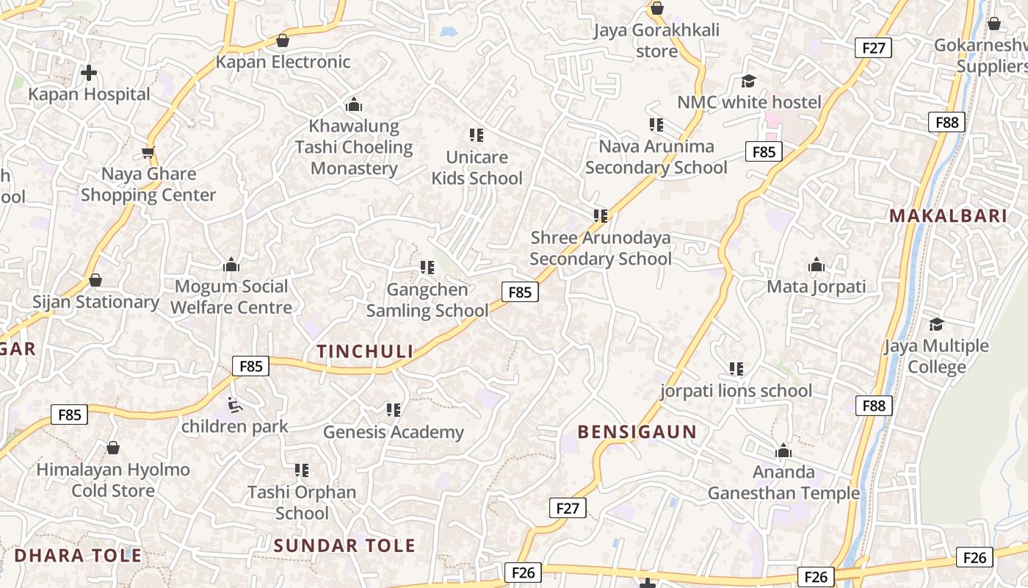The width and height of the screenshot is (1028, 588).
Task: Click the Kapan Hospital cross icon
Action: coord(89,73)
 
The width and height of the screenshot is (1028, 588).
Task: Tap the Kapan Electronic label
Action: coord(283,62)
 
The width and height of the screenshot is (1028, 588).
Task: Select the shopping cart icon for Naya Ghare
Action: coord(148,153)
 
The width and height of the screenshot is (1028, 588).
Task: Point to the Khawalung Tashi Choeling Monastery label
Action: coord(354,147)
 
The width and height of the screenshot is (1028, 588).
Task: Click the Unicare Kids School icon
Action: coord(477,135)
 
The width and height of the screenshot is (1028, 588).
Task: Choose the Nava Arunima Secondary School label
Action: coord(656,157)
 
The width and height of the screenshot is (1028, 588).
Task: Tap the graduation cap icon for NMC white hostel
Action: coord(748,81)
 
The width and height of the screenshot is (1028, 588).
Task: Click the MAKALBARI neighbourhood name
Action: coord(947,216)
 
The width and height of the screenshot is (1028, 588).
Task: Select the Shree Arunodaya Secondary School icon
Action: coord(601,216)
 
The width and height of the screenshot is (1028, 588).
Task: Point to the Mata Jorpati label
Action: coord(817,287)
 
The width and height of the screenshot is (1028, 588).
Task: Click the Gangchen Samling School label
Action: coord(427,300)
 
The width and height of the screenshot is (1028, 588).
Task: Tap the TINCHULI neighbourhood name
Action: coord(365,351)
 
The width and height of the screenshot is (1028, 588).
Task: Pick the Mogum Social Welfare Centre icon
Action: coord(231,265)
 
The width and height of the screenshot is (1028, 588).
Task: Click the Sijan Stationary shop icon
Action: coord(95,281)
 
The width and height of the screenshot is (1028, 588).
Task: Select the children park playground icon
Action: coord(234,405)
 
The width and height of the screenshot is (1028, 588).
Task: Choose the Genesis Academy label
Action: coord(394,432)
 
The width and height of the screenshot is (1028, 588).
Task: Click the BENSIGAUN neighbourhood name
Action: coord(637,432)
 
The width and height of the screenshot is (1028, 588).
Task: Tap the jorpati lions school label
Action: coord(736,390)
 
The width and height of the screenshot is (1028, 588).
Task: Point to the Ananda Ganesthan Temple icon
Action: coord(783,451)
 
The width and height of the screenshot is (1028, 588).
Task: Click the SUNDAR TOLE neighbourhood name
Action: coord(344,546)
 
